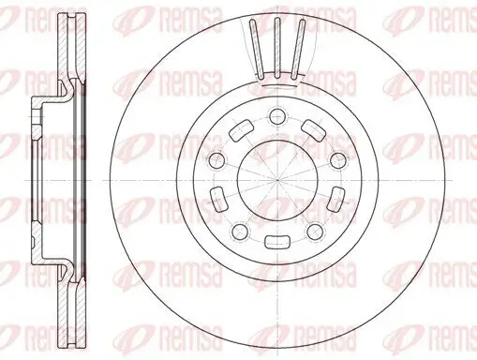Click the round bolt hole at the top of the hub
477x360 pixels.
(x=276, y=115)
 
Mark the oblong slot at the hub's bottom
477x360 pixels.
(x=276, y=241)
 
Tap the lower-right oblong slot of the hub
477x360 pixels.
(x=335, y=196)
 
